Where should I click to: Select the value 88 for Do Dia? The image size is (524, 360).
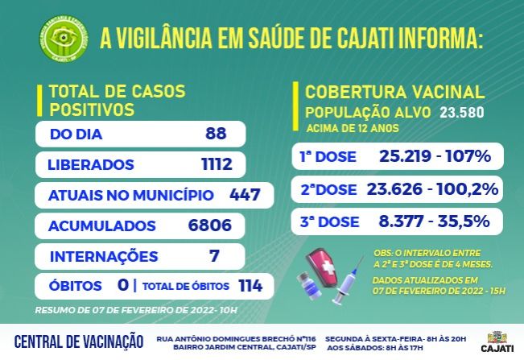pyautogui.click(x=215, y=134)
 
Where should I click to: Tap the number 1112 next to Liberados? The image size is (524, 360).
pyautogui.click(x=217, y=165)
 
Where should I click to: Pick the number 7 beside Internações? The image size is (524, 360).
pyautogui.click(x=214, y=257)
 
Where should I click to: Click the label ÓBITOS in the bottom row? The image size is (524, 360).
pyautogui.click(x=75, y=286)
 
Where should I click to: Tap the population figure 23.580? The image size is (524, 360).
pyautogui.click(x=462, y=113)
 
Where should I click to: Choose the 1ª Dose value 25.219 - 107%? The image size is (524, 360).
pyautogui.click(x=434, y=156)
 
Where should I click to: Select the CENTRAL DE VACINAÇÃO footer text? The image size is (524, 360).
pyautogui.click(x=79, y=341)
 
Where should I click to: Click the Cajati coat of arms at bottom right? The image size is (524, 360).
pyautogui.click(x=496, y=337)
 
